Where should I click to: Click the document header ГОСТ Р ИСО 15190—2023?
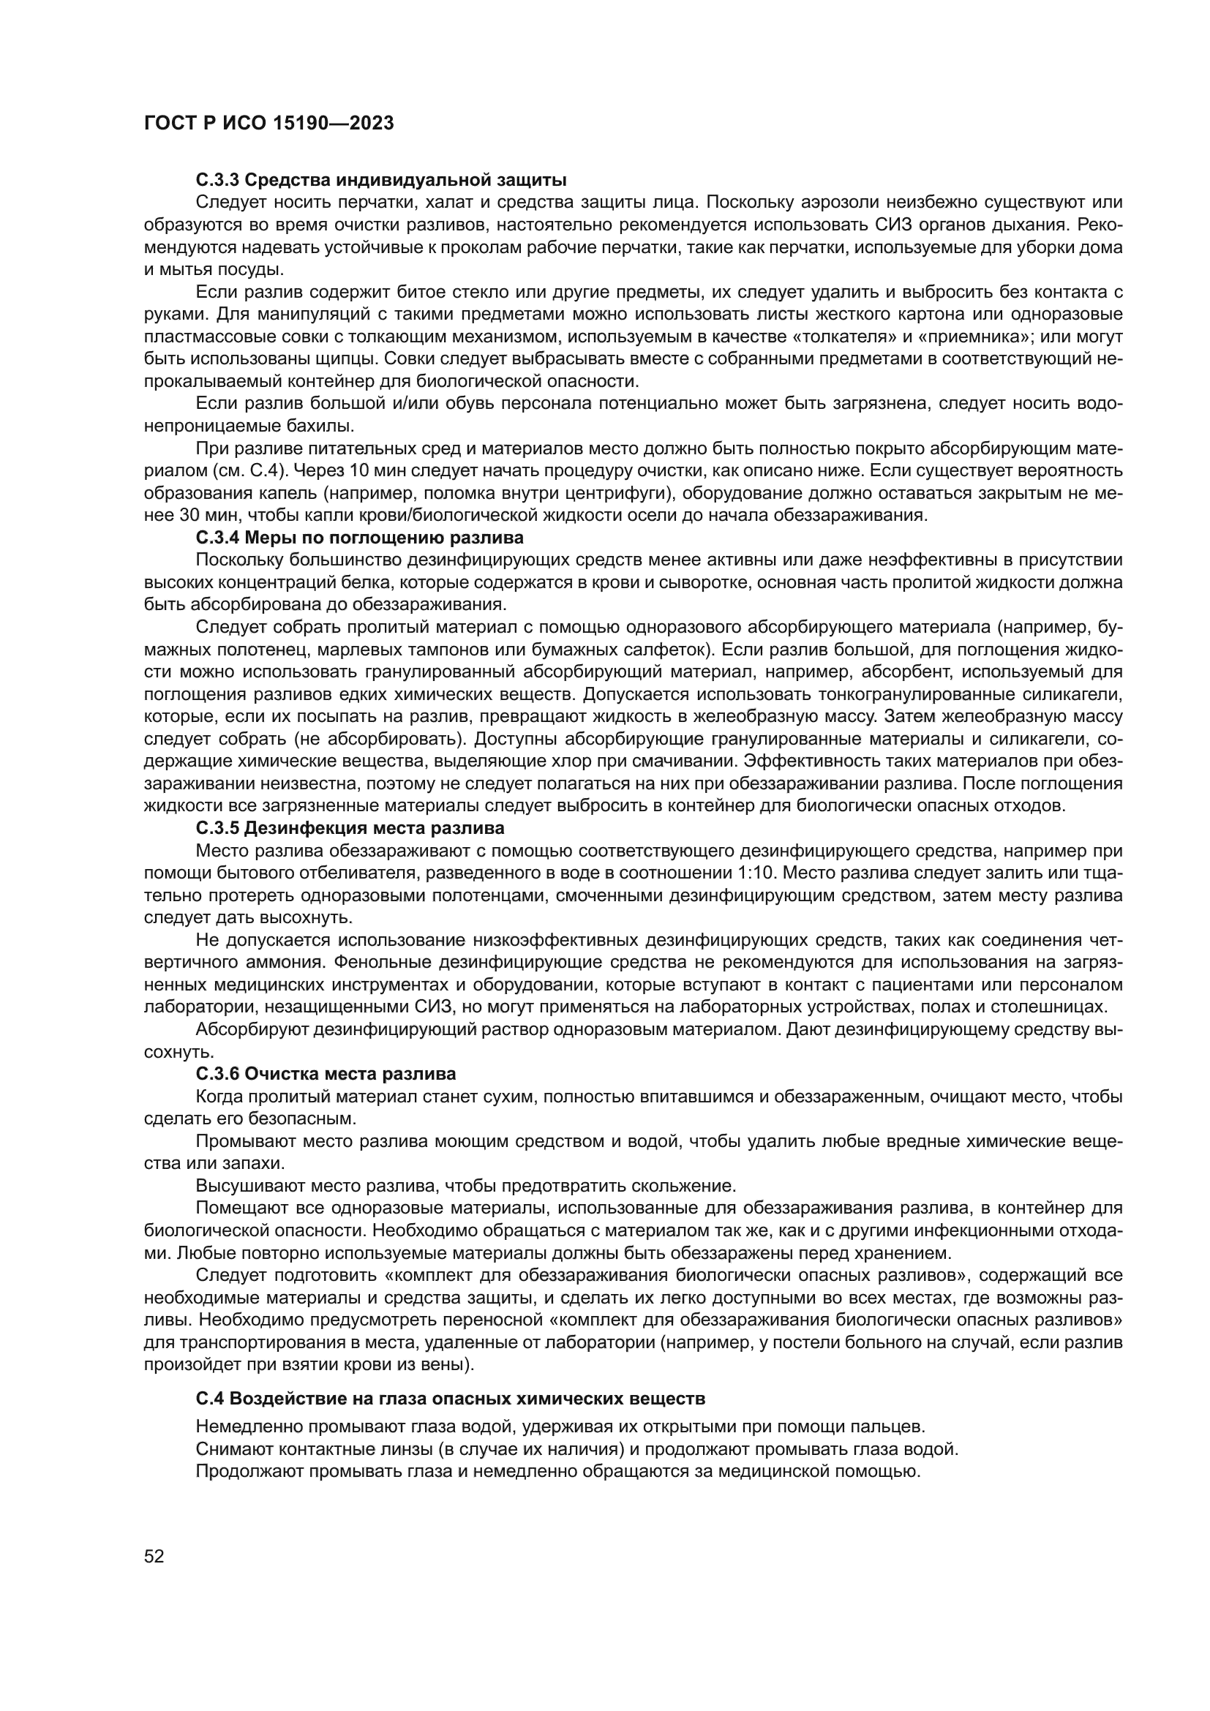268,124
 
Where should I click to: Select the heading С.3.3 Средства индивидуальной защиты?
380,180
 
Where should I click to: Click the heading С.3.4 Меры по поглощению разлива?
359,538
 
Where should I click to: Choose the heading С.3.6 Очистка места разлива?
326,1074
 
